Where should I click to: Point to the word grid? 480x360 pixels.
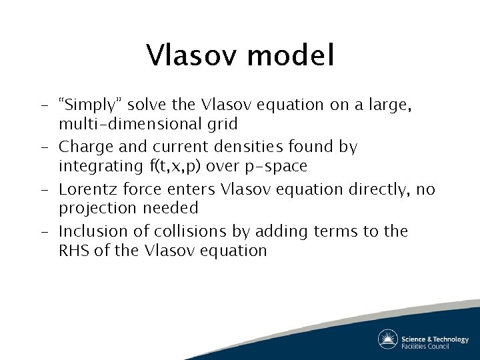coord(223,123)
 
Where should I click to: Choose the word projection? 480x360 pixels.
coord(96,208)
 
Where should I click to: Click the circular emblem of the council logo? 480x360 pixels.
coord(387,339)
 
